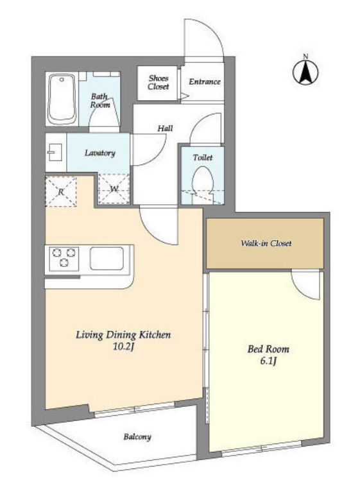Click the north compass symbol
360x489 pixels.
tap(305, 71)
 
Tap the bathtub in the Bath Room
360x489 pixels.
tap(62, 99)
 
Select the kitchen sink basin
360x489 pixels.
tap(107, 258)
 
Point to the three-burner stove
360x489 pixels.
tap(64, 258)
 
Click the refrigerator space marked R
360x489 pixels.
tap(61, 191)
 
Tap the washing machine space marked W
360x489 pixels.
tap(114, 189)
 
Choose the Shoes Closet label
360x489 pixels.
tap(159, 83)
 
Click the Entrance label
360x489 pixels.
tap(205, 81)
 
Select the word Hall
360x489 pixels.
tap(165, 128)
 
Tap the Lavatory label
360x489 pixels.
tap(100, 153)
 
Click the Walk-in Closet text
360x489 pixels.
tap(266, 243)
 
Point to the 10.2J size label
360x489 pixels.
tap(124, 347)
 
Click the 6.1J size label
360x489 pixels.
tap(269, 361)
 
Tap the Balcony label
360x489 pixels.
tap(137, 437)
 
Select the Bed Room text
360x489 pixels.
tap(268, 349)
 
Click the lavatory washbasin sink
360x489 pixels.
tap(56, 153)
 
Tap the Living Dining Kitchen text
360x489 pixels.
tap(124, 335)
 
